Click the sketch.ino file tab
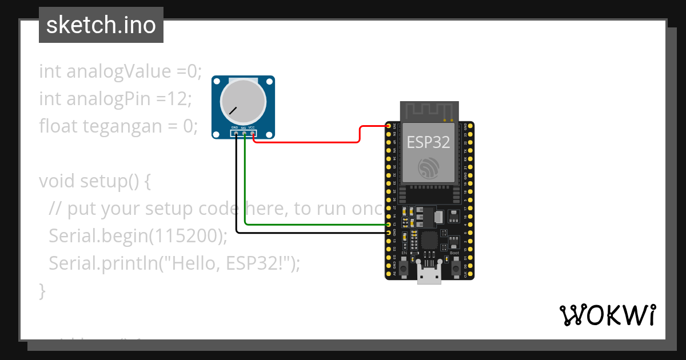click(101, 26)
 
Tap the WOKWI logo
click(607, 315)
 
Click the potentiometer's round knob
click(243, 102)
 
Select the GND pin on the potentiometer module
click(236, 134)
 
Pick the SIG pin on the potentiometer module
click(244, 134)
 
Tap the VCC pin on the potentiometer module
click(252, 134)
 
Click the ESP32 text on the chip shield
click(428, 142)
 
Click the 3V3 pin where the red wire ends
click(389, 126)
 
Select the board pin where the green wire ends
click(389, 225)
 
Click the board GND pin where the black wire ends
click(389, 233)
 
